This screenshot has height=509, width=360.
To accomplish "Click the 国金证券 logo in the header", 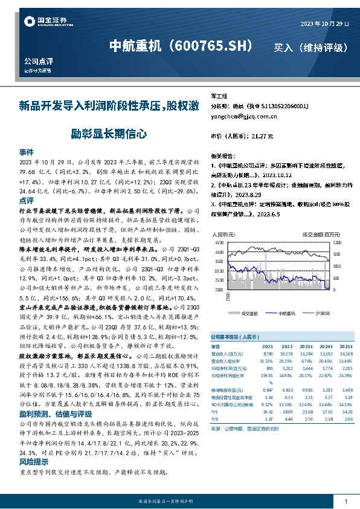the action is point(43,22).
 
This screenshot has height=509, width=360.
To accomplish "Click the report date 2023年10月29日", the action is point(324,24).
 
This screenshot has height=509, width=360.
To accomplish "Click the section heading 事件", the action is point(26,152).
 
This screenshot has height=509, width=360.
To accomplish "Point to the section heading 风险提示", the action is point(30,462).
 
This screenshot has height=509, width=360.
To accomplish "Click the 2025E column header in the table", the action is point(346,345).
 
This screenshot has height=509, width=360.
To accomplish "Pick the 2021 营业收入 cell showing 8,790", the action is point(268,352).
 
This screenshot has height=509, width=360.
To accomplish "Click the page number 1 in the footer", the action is point(346,502).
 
